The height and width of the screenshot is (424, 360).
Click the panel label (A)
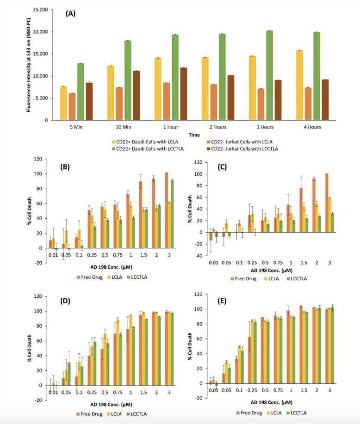(70, 13)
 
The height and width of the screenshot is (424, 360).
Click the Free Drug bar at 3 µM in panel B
(166, 210)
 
